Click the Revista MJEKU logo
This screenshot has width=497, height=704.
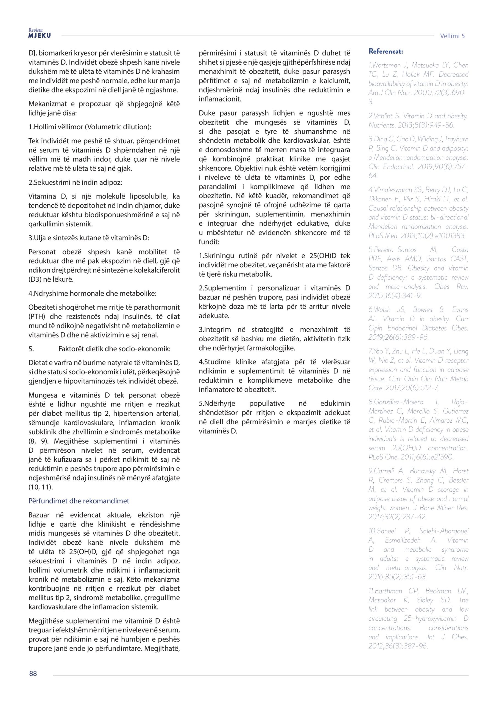pos(40,34)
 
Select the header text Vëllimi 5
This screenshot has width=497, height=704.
pos(452,36)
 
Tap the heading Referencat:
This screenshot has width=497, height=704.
pos(386,51)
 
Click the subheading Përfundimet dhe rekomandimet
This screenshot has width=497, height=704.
pos(79,501)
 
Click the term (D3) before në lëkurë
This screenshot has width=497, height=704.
pos(34,279)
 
